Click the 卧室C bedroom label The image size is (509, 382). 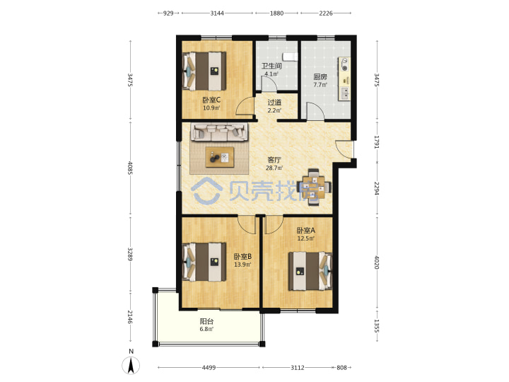coord(211,100)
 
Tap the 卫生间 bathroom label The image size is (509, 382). coord(271,66)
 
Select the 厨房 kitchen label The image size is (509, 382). coord(320,77)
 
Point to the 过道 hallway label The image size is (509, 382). coord(274,103)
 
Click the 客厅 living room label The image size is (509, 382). coord(274,160)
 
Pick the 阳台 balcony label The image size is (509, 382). coord(206,322)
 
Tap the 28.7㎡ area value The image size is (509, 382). coord(274,168)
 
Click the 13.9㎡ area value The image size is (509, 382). coord(242,265)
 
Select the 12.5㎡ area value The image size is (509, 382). coord(306,238)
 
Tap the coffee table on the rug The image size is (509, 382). coord(220,157)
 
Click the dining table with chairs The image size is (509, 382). coord(314,187)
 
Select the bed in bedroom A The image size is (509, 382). coord(310,271)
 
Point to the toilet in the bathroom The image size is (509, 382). coord(290,57)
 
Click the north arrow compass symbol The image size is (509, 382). coord(131,365)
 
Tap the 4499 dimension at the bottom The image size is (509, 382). coord(209,368)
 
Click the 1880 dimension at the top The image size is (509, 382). coord(276,13)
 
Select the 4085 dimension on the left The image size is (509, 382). coord(130,168)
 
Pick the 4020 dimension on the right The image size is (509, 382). coord(377,262)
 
